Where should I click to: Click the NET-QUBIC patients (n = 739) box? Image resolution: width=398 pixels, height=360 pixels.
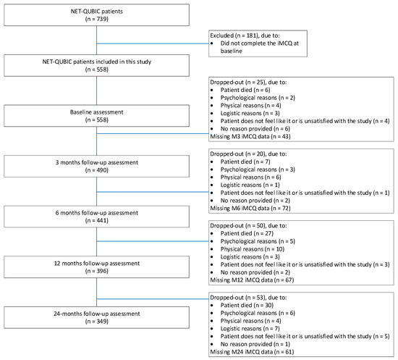(96, 15)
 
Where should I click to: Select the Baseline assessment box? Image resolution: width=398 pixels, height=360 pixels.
(96, 116)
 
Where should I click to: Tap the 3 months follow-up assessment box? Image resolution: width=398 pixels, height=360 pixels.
(96, 166)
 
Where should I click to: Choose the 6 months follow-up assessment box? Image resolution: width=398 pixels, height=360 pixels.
(96, 217)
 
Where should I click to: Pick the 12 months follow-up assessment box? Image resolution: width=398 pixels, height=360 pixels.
(96, 267)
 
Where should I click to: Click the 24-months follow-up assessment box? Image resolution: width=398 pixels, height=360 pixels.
(96, 317)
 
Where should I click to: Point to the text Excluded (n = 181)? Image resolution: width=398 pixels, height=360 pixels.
(234, 35)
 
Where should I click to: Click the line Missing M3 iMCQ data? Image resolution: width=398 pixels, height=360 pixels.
(250, 136)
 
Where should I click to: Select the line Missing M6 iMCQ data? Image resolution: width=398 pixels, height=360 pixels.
(250, 209)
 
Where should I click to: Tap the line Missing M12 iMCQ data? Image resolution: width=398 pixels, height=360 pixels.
(252, 280)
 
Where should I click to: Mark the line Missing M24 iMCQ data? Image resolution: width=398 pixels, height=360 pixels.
(252, 352)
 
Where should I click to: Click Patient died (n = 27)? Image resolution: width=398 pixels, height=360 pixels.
(247, 233)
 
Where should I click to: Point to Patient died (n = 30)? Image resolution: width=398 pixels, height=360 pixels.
(247, 305)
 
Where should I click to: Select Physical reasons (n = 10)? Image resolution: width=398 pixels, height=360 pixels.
(253, 249)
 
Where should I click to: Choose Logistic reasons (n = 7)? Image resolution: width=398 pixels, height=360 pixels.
(250, 329)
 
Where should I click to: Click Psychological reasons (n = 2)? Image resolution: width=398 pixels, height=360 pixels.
(258, 98)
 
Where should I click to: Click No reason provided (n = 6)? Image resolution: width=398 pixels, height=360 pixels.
(255, 129)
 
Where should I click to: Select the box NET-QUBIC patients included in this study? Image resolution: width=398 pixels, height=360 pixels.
(96, 65)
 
